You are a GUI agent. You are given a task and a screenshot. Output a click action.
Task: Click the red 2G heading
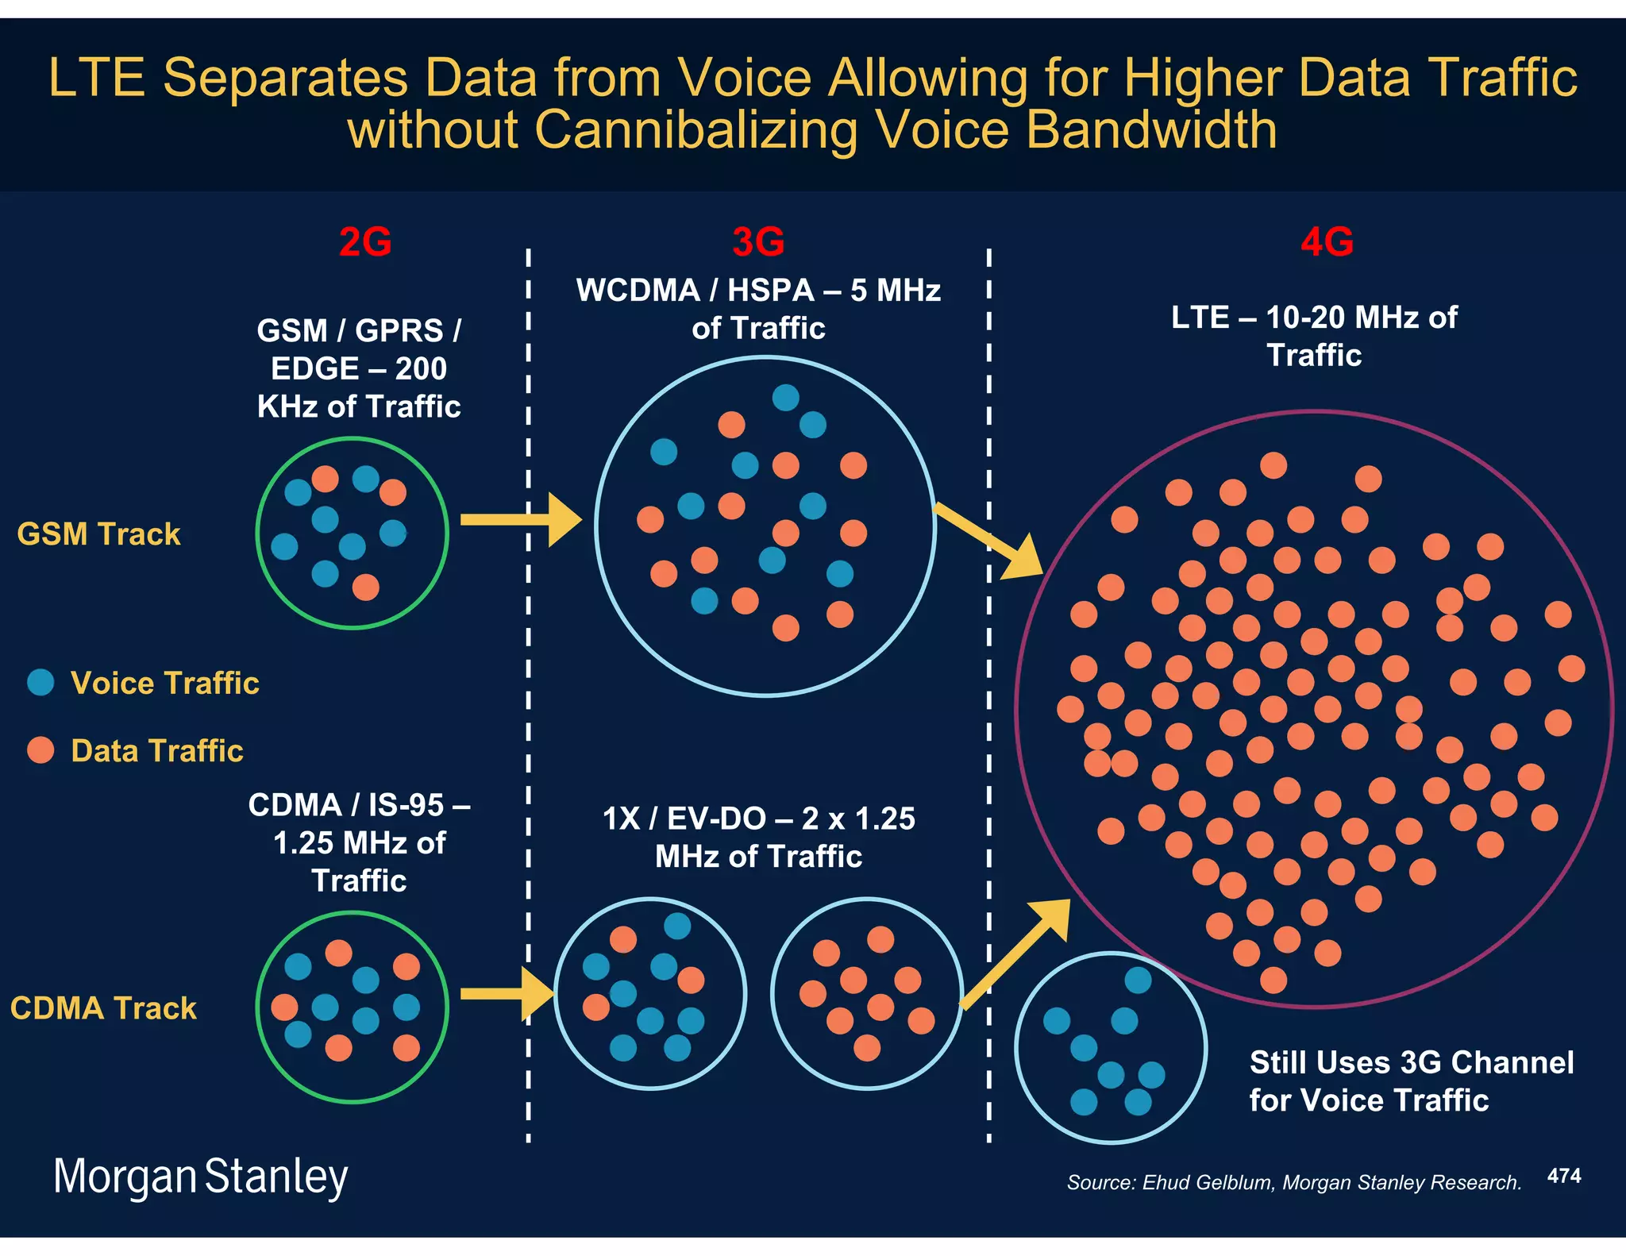click(365, 241)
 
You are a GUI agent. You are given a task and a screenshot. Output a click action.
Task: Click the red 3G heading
click(758, 241)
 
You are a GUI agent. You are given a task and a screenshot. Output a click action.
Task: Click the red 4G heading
click(1327, 241)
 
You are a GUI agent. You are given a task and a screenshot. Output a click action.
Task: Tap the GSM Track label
click(98, 534)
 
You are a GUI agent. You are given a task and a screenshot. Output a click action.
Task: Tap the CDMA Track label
click(103, 1007)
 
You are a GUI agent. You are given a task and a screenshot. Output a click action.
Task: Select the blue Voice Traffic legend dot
click(40, 682)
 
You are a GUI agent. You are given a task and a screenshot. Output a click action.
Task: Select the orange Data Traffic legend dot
click(40, 749)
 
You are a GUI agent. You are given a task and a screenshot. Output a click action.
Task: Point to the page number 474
click(1564, 1176)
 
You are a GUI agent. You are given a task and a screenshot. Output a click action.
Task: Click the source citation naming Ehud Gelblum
click(1293, 1182)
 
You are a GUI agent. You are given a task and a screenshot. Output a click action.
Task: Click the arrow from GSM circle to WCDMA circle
click(520, 520)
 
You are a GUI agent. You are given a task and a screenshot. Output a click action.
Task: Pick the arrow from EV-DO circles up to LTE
click(1016, 953)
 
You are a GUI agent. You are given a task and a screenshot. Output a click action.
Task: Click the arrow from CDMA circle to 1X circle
click(507, 994)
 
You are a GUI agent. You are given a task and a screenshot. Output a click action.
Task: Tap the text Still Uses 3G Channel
click(1411, 1062)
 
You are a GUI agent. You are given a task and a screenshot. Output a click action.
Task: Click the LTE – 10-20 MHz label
click(1314, 318)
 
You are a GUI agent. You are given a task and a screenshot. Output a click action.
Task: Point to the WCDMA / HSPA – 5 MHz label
click(758, 291)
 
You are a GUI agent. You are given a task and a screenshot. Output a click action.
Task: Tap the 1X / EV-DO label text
click(758, 819)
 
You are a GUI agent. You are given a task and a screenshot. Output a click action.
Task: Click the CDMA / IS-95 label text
click(359, 805)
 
